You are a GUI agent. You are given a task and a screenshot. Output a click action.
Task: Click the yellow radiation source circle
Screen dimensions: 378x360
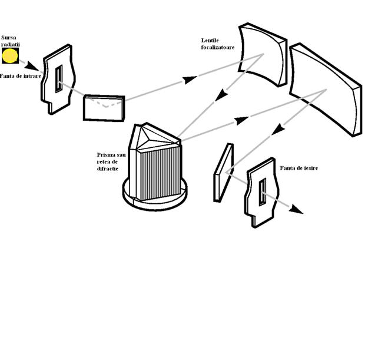click(x=10, y=56)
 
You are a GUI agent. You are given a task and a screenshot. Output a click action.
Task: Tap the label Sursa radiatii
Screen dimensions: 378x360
click(x=11, y=41)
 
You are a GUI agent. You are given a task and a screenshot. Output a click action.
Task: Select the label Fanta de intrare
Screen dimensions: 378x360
click(x=21, y=76)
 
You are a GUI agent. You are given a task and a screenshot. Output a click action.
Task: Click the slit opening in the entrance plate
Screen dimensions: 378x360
click(x=59, y=79)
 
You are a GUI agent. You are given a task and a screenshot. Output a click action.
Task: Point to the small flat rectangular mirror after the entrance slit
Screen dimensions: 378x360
click(x=104, y=108)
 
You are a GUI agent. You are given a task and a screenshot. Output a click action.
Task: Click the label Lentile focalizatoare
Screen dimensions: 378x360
click(x=218, y=44)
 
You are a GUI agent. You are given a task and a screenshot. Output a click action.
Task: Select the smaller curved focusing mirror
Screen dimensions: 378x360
click(x=263, y=55)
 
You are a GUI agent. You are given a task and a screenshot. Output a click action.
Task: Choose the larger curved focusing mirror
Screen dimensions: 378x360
click(x=326, y=90)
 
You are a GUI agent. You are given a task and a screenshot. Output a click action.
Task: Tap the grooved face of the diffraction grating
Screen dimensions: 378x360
click(x=160, y=174)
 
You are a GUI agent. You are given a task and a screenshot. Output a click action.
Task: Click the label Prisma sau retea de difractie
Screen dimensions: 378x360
click(x=111, y=161)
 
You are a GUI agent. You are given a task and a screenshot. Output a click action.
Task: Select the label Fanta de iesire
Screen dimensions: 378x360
click(x=299, y=168)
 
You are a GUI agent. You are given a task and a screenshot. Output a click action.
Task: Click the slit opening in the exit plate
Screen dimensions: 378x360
click(x=263, y=192)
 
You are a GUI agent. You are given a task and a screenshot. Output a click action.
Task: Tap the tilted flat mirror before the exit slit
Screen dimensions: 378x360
click(x=224, y=173)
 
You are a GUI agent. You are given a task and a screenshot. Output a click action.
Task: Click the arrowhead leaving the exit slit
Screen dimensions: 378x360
click(x=296, y=209)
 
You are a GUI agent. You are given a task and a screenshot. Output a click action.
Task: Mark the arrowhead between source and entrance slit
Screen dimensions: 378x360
click(x=32, y=66)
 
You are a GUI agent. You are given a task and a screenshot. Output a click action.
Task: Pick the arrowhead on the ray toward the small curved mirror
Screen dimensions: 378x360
click(x=190, y=80)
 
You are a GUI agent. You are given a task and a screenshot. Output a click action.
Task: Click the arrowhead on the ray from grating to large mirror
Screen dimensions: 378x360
click(x=242, y=120)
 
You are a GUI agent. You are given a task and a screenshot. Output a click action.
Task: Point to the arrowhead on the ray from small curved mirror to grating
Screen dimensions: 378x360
click(x=221, y=95)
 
